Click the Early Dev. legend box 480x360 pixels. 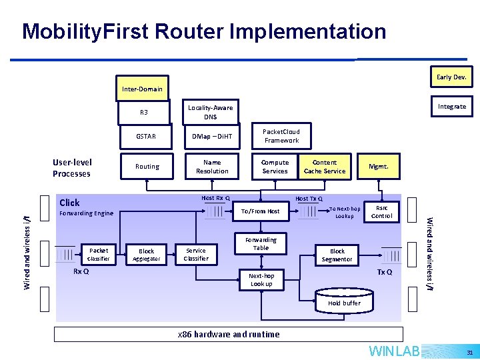coord(451,77)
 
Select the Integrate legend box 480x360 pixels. coord(451,107)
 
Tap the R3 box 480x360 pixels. coord(144,112)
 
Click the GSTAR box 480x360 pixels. coord(146,137)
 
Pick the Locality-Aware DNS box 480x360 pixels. coord(211,112)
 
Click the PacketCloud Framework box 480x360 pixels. coord(281,136)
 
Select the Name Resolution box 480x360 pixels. coord(212,167)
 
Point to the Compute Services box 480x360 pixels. coord(275,167)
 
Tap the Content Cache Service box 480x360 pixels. coord(325,167)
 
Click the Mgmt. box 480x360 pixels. coord(378,167)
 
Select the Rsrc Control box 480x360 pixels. coord(381,211)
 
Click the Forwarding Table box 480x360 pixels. coord(261,244)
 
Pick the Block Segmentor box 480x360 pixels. coord(337,255)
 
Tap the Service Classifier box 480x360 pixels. coord(196,255)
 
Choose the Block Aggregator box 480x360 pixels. coord(146,255)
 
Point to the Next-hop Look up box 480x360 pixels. coord(261,280)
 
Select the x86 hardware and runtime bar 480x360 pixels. coord(229,334)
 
